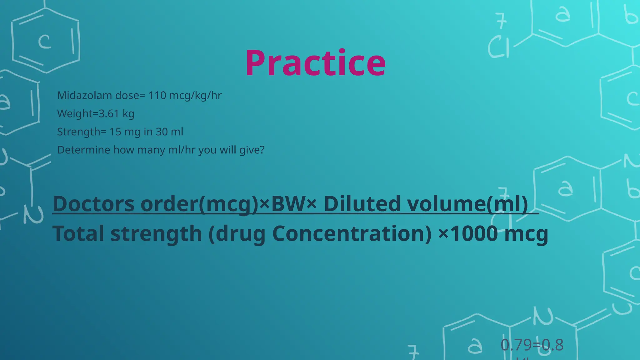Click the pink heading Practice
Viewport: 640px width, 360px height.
pos(315,63)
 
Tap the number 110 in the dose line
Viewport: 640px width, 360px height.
pos(157,95)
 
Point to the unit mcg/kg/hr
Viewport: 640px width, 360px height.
pos(195,95)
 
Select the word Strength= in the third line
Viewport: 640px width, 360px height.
pos(82,132)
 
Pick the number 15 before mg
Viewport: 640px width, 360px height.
pos(115,132)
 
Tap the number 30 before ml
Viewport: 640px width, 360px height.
pos(162,132)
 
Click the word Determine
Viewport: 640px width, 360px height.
pos(83,150)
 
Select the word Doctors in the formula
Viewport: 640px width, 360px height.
pos(94,204)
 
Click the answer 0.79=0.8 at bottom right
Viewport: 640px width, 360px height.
pos(532,345)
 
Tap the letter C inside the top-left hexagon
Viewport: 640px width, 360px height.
pos(45,42)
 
